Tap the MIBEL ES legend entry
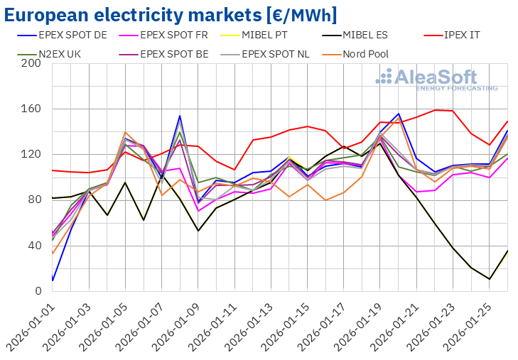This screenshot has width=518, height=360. point(373,33)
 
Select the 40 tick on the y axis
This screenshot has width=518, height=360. point(35,246)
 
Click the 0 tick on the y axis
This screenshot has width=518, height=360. point(38,291)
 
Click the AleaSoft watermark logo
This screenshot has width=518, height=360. point(436,80)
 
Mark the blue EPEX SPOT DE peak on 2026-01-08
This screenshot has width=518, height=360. point(180,116)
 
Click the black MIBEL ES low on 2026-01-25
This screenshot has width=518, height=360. point(490,279)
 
